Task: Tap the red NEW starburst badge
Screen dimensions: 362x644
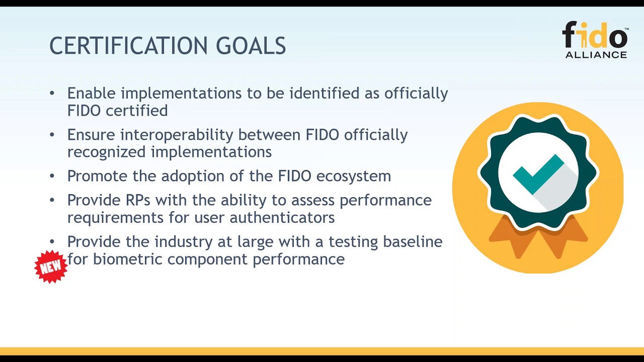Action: click(51, 267)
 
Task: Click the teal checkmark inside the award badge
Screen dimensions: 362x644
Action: click(538, 173)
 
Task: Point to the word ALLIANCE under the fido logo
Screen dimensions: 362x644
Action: click(596, 55)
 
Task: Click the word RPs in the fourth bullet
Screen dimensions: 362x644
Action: click(136, 200)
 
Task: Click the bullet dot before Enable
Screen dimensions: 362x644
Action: click(52, 94)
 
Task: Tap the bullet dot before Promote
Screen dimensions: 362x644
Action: click(52, 176)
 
